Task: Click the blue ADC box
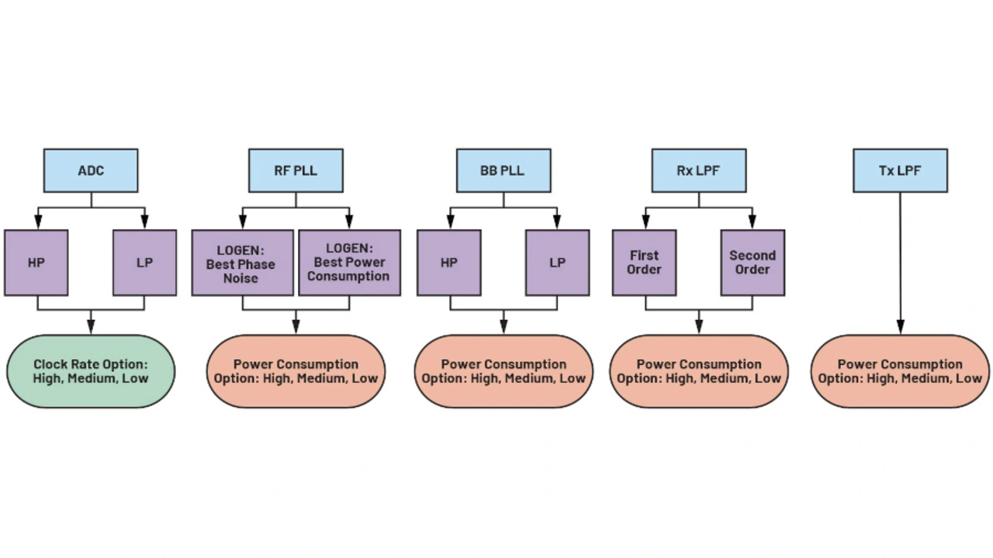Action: click(x=91, y=170)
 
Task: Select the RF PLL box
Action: click(x=296, y=170)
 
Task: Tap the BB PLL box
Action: click(x=503, y=170)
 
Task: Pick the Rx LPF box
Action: click(x=699, y=170)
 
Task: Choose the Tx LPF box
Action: click(x=900, y=170)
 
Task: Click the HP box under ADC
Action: click(x=36, y=263)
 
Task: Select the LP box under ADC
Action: click(x=145, y=263)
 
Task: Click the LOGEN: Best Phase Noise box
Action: click(x=242, y=263)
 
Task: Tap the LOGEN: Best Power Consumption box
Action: click(x=349, y=263)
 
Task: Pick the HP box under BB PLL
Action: click(x=449, y=263)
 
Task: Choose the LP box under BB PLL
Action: click(x=558, y=263)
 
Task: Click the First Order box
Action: click(x=644, y=263)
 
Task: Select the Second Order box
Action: click(x=753, y=263)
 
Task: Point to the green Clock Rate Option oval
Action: click(x=91, y=371)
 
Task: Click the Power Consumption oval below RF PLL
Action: click(x=296, y=371)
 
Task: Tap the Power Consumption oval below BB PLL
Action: click(x=503, y=371)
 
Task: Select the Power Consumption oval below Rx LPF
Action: click(x=699, y=371)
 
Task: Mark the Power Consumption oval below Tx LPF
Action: click(x=900, y=371)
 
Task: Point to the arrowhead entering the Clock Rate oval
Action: click(x=91, y=328)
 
